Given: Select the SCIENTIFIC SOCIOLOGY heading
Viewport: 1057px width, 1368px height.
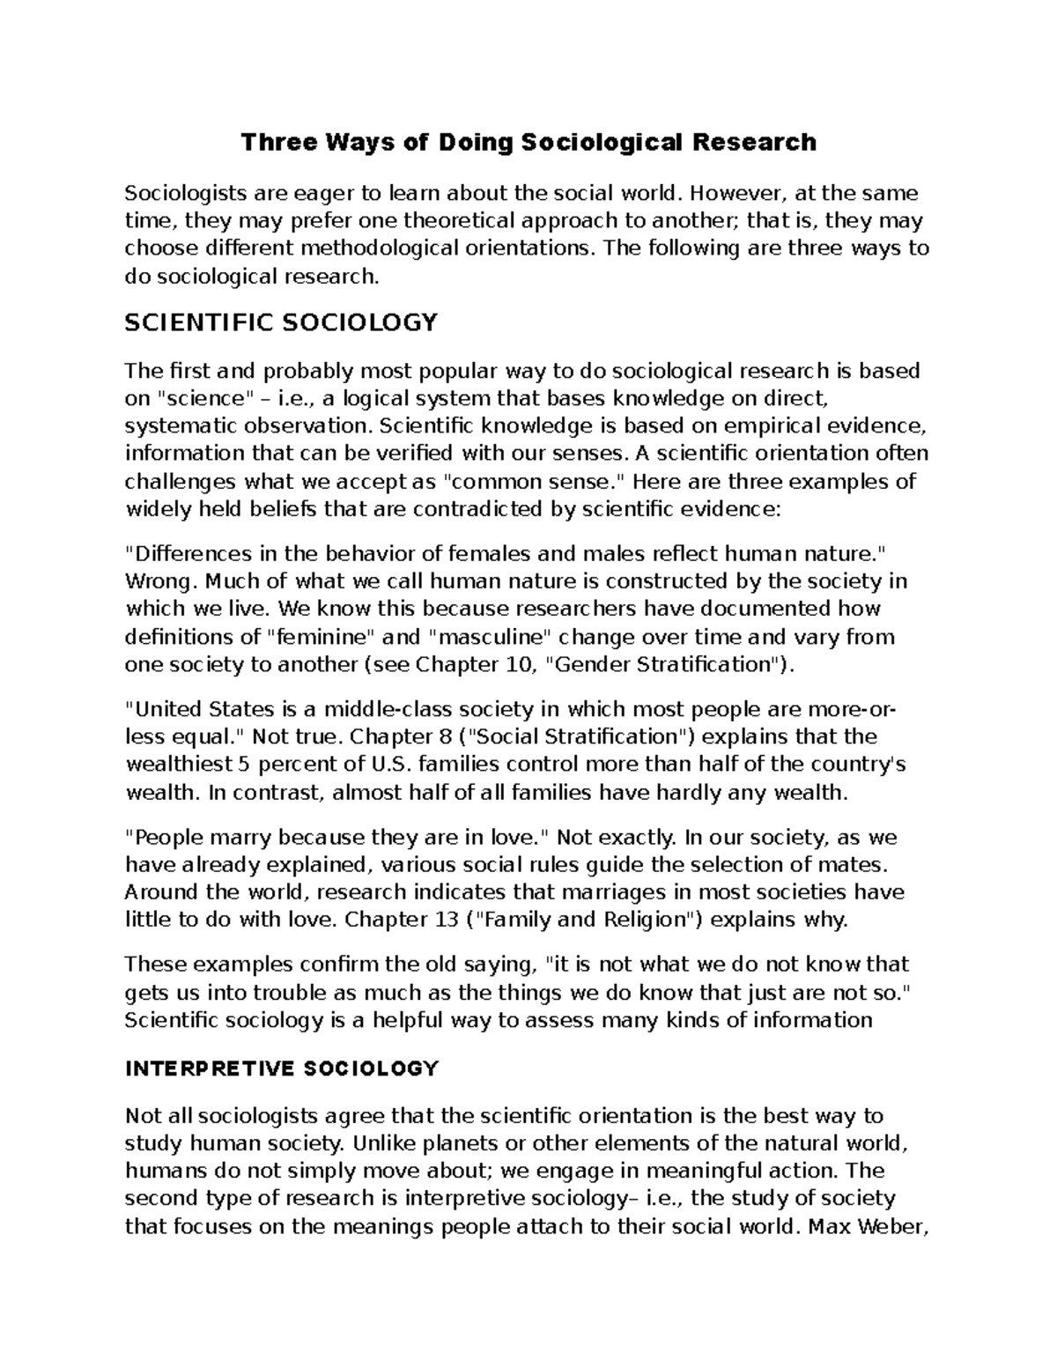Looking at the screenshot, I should coord(281,323).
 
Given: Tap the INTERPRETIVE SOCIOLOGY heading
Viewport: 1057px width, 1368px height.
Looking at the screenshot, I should coord(281,1069).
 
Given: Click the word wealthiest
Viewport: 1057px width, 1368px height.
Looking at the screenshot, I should coord(180,764).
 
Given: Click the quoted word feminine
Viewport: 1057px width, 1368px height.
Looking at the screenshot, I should coord(310,637).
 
